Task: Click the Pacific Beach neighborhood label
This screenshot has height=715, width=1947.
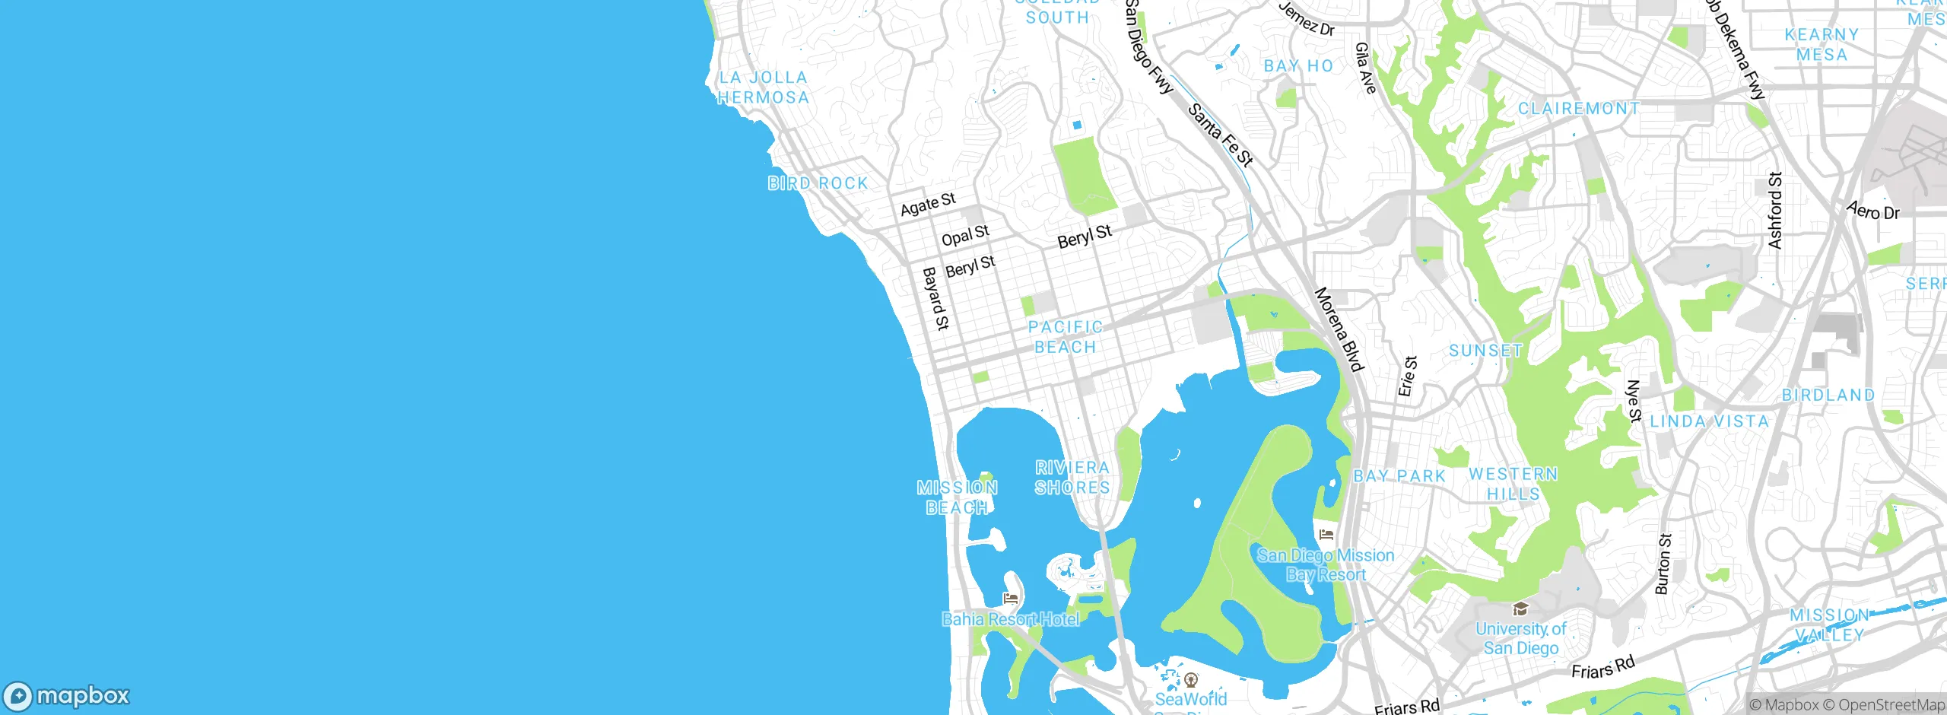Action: (1065, 337)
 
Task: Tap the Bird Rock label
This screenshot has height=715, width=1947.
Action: (818, 183)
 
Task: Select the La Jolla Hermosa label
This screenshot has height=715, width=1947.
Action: (763, 87)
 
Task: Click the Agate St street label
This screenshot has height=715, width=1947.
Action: (928, 204)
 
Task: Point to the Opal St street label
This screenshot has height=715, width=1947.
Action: (965, 236)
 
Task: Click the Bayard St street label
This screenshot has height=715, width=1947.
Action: (935, 298)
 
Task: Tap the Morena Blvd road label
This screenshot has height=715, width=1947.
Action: (1339, 329)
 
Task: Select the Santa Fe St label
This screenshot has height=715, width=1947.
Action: (1220, 135)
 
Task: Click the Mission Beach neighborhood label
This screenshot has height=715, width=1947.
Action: (957, 497)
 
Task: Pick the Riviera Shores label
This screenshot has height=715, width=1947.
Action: (1072, 478)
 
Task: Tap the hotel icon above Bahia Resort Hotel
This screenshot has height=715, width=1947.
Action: (1010, 599)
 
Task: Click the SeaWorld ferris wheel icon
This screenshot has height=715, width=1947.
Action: (1191, 679)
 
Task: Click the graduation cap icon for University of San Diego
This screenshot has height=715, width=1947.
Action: (1520, 609)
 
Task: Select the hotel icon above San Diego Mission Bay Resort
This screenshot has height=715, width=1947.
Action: (1326, 535)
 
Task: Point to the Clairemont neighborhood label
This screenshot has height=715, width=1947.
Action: (1579, 109)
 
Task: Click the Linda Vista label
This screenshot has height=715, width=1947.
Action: (1709, 421)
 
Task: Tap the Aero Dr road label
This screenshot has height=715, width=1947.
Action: (1872, 211)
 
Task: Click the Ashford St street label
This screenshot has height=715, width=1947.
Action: (1775, 211)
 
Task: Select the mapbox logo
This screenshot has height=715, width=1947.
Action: (67, 695)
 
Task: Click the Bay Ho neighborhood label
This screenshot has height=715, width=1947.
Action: (1298, 66)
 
